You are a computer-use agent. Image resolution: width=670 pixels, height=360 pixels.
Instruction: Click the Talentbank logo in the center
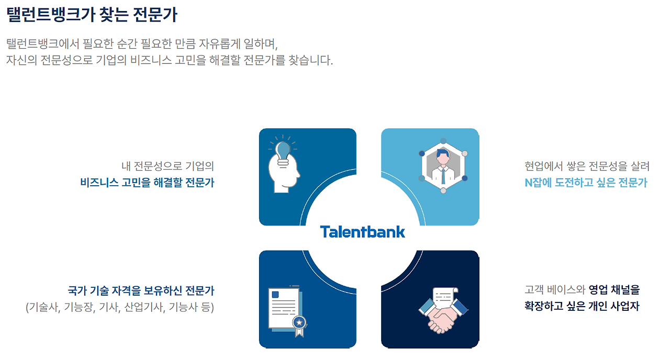coord(362,232)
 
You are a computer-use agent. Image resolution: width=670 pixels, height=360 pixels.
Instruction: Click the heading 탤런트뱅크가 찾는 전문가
coord(92,15)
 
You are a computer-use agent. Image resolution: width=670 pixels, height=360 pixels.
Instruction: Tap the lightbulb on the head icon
coord(283,150)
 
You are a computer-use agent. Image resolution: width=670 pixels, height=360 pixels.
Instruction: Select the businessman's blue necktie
coord(443,175)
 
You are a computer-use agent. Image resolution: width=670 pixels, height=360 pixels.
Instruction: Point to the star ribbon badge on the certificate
coord(299,323)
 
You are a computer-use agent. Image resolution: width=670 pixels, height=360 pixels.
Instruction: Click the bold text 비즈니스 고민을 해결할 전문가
coord(147,183)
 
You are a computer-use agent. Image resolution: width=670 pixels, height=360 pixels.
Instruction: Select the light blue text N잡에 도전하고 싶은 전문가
coord(586,183)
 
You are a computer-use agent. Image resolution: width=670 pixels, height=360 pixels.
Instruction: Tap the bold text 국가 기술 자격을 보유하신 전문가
coord(141,290)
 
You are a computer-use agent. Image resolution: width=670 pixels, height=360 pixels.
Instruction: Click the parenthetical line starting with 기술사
coord(120,307)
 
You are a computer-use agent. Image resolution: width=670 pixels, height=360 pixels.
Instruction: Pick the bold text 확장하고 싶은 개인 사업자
coord(582,306)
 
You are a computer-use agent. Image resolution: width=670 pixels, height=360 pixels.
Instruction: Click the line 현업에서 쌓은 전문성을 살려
coord(587,166)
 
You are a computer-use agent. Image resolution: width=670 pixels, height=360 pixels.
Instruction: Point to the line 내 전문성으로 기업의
coord(167,166)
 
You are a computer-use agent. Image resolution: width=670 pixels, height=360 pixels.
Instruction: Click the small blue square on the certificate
coord(275,295)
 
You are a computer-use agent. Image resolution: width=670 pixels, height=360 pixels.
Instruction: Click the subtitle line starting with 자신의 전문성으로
coord(170,60)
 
